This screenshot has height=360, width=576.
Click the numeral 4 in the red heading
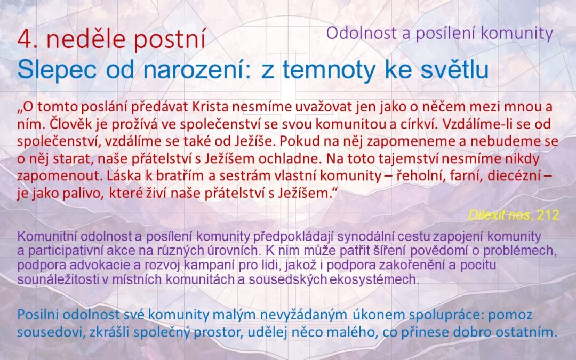[x=23, y=40]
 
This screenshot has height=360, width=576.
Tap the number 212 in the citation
[x=548, y=215]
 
